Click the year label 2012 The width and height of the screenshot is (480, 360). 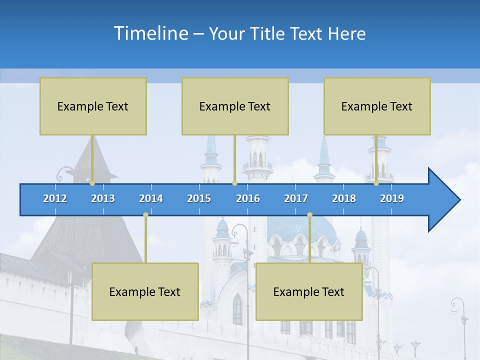(x=55, y=198)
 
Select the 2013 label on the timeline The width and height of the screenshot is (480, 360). (x=103, y=198)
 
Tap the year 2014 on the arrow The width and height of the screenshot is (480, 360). (x=151, y=198)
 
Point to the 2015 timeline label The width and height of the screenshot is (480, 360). (x=199, y=198)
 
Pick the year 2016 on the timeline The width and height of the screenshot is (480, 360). (x=248, y=198)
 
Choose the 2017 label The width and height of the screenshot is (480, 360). (x=296, y=198)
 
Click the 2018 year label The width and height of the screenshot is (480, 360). (x=344, y=198)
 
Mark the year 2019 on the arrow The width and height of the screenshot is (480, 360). (x=392, y=198)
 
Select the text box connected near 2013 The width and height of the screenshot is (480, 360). (x=93, y=106)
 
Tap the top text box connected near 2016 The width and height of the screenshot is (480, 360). (x=235, y=106)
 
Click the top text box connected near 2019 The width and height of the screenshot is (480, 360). (x=377, y=106)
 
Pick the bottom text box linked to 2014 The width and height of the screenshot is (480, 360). (x=145, y=291)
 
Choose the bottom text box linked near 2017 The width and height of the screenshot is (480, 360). (x=309, y=291)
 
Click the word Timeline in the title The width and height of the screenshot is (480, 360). (x=150, y=33)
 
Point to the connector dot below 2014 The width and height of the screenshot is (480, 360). (x=145, y=214)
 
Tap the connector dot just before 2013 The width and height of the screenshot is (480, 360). (x=92, y=183)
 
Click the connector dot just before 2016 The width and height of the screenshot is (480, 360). (x=234, y=183)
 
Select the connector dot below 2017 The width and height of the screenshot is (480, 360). (x=309, y=214)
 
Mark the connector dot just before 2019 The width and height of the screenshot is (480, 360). (x=376, y=183)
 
